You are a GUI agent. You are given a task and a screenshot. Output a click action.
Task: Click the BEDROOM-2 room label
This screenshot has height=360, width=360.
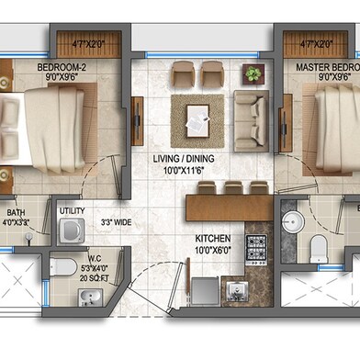coord(63,68)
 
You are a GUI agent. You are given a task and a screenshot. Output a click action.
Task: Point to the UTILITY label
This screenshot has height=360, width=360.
coord(72,211)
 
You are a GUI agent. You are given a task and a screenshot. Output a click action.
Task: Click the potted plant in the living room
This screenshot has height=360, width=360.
coord(251,73)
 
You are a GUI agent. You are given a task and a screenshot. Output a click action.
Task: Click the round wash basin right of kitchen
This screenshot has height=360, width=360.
coord(293,221)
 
